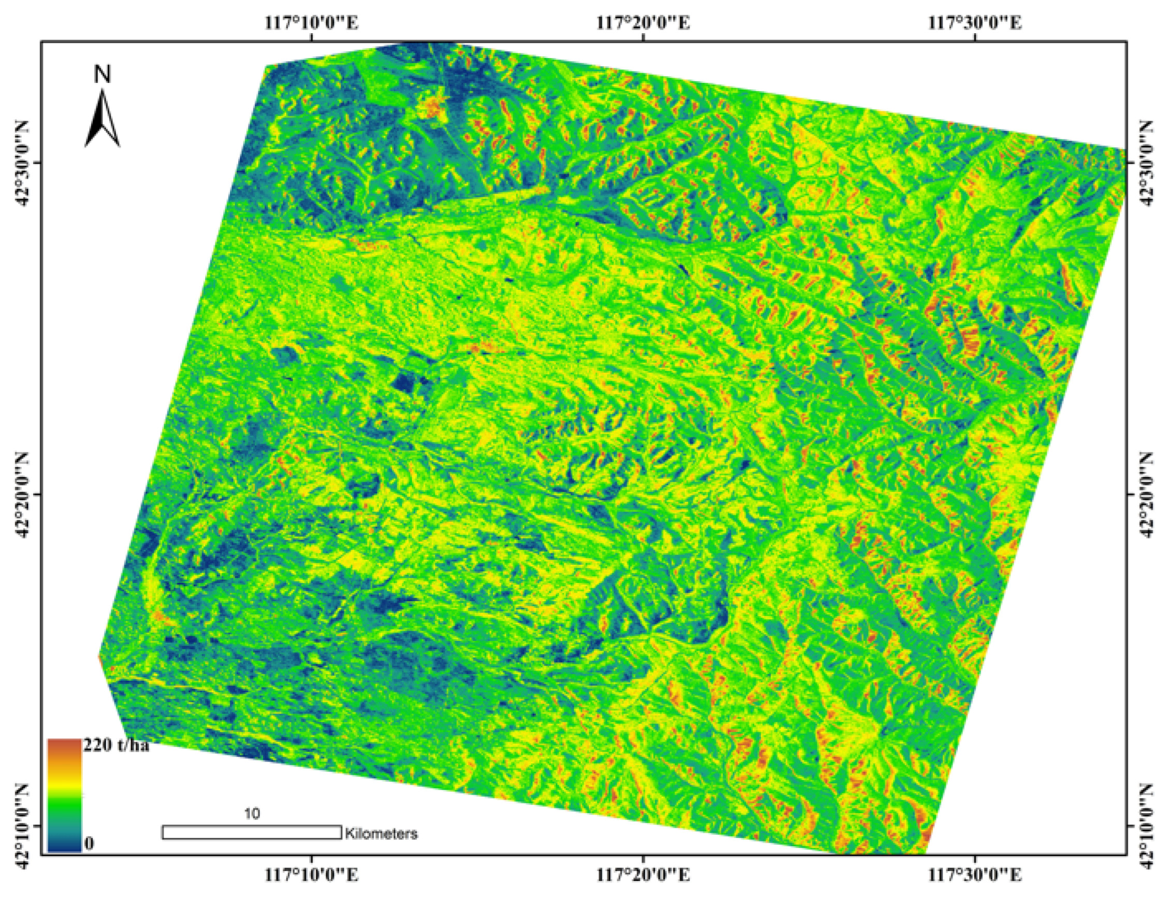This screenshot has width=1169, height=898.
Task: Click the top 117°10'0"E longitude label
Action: tap(311, 23)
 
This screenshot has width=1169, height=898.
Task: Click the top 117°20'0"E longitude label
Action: tap(643, 23)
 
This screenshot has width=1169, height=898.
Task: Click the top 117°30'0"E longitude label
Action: tap(975, 23)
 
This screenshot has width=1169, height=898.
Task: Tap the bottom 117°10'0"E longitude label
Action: tap(311, 876)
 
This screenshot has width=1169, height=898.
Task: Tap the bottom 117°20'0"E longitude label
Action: tap(643, 876)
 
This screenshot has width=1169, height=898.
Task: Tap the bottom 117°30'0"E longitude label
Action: tap(975, 876)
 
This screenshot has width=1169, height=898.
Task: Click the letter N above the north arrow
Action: tap(102, 75)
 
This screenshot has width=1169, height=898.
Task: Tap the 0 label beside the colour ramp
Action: tap(89, 844)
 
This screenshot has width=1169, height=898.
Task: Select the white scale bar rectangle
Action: tap(252, 832)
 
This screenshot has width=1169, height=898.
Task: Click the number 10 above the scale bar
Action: tap(252, 814)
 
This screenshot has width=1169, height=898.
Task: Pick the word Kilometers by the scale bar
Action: tap(381, 833)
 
